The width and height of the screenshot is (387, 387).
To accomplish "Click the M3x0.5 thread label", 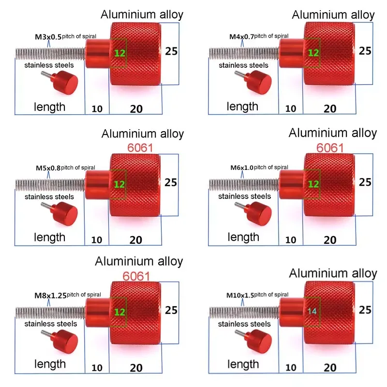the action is (48, 37).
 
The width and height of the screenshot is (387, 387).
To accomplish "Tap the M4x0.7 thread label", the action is (241, 37).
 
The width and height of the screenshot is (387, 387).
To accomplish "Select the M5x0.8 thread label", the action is (48, 168).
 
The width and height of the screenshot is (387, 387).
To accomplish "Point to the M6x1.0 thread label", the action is (242, 168).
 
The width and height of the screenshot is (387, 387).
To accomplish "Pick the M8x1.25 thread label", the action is (51, 295).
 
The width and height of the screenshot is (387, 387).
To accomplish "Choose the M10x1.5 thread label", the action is (240, 295).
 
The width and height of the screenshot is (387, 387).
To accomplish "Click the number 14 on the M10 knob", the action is (312, 311).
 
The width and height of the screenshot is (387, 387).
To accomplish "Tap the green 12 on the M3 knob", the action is (119, 53).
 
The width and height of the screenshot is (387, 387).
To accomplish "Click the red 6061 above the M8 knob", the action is (136, 276).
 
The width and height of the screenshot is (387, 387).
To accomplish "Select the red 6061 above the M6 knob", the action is (330, 148).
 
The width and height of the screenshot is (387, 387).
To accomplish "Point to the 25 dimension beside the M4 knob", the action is (365, 51).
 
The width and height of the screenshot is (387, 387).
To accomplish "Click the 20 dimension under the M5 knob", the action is (136, 240).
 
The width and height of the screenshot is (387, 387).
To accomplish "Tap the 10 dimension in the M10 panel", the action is (291, 368).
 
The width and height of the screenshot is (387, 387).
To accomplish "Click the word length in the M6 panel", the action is (243, 237).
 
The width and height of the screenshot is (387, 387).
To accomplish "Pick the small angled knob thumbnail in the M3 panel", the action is (60, 82).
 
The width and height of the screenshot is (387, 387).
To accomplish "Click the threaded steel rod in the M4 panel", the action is (244, 54).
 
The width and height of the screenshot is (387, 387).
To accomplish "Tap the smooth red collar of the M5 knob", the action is (97, 184).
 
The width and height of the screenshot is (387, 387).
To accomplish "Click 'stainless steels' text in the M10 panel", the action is (244, 324).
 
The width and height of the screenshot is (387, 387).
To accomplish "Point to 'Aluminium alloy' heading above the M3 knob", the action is (142, 15).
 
